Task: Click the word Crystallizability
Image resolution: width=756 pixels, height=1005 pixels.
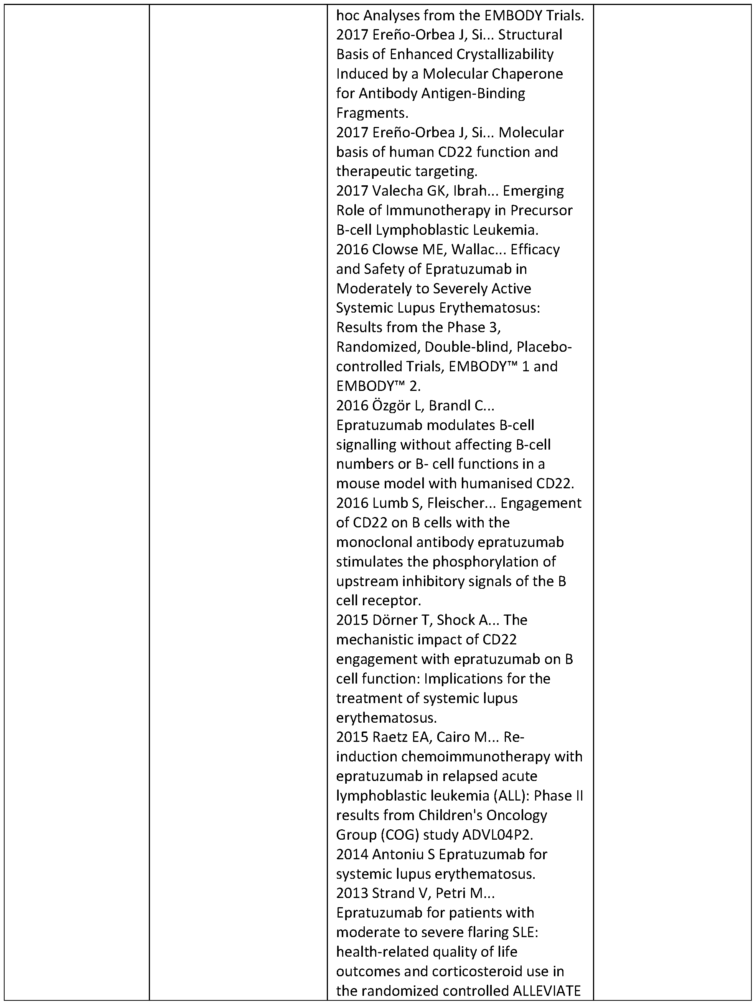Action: pyautogui.click(x=505, y=54)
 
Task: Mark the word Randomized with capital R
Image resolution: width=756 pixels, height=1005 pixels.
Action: pyautogui.click(x=367, y=348)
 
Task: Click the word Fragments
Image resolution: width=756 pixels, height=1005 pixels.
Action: pyautogui.click(x=372, y=113)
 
